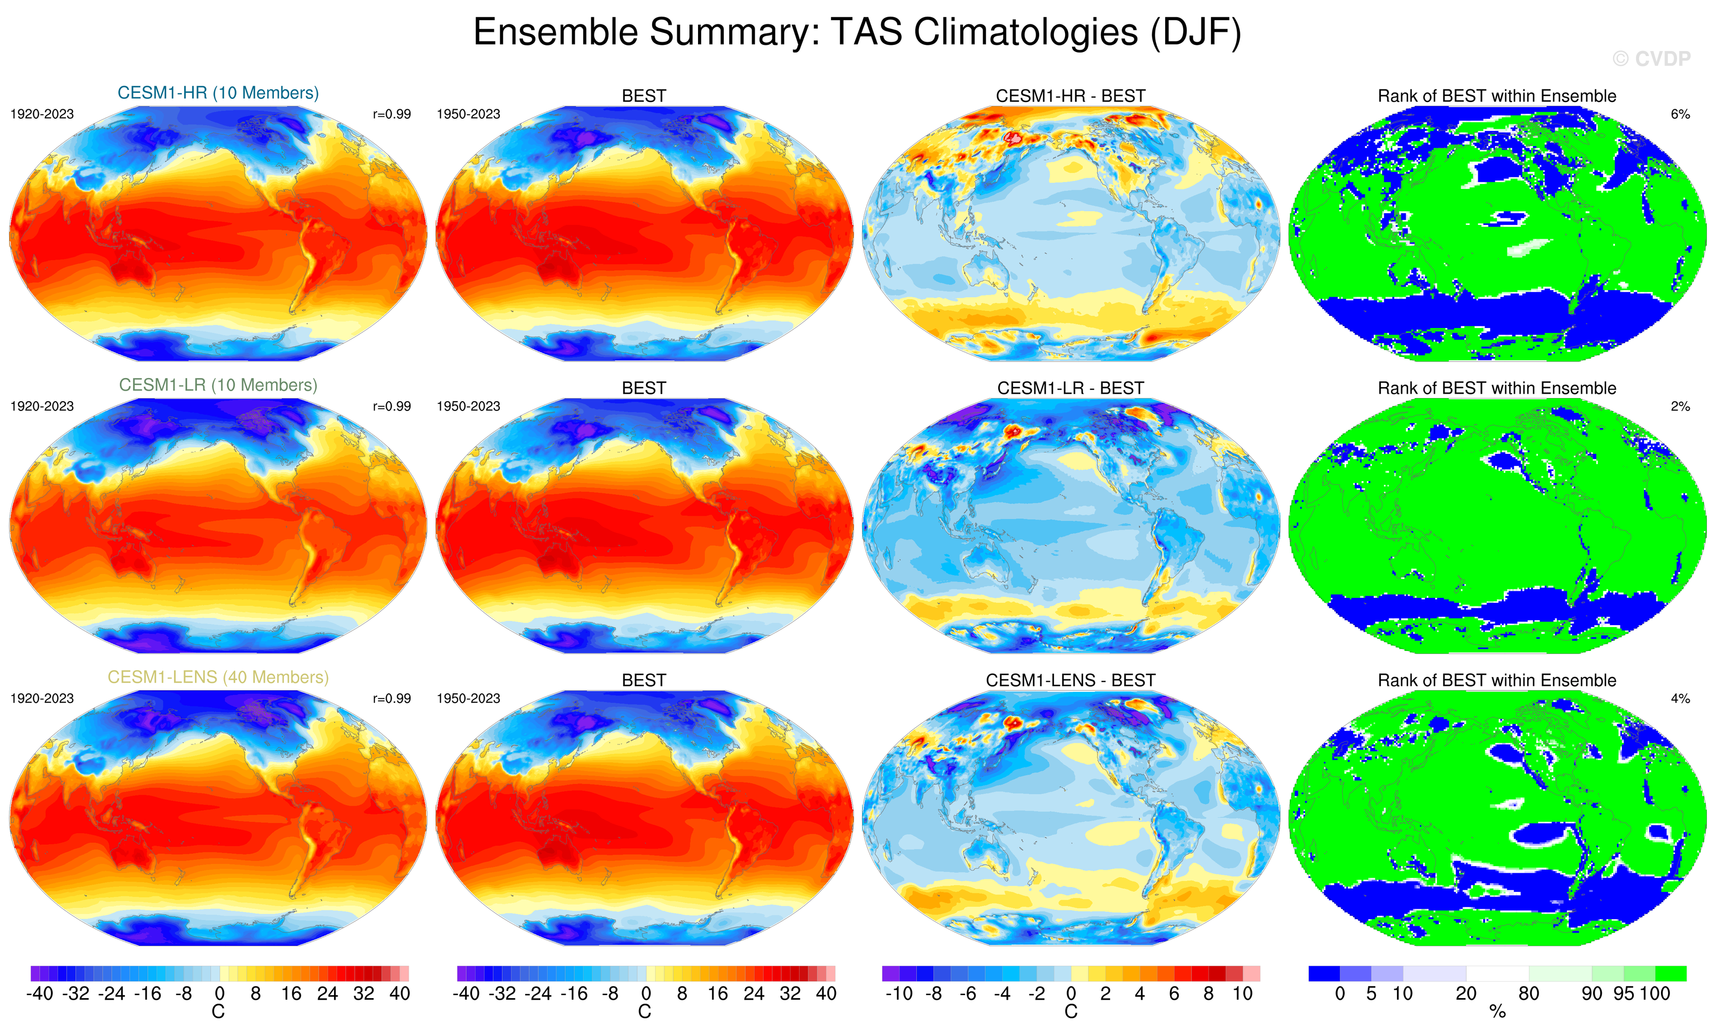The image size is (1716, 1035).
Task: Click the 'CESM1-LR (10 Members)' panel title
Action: tap(218, 385)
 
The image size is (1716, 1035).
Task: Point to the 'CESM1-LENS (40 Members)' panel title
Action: tap(218, 677)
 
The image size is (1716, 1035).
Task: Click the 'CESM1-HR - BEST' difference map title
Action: tap(1071, 96)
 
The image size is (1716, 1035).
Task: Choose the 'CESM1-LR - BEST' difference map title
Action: tap(1071, 388)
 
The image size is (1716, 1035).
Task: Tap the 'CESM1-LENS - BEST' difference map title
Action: tap(1071, 680)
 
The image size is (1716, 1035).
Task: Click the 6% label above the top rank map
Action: tap(1680, 114)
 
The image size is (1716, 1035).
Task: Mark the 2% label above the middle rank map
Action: tap(1680, 406)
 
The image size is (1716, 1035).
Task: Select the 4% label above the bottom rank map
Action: tap(1680, 698)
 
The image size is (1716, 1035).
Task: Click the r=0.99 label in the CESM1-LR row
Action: tap(391, 406)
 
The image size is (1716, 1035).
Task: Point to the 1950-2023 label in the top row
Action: tap(468, 114)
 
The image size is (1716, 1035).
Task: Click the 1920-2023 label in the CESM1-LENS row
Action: tap(42, 698)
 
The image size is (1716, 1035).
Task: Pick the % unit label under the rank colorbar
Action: tap(1497, 1012)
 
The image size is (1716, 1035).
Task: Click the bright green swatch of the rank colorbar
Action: tap(1670, 973)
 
